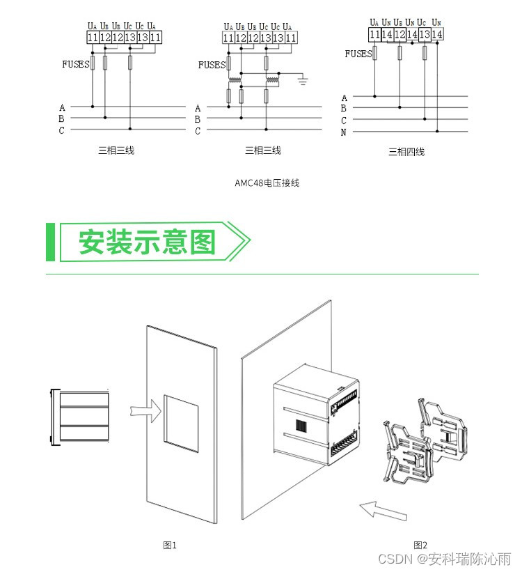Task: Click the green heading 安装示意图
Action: (147, 242)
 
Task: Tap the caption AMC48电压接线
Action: (267, 183)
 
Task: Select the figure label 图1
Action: (170, 545)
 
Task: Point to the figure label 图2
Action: (420, 545)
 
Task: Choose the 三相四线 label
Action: (406, 151)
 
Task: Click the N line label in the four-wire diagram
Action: (344, 132)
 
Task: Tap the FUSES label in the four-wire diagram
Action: (358, 54)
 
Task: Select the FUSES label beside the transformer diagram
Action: (212, 65)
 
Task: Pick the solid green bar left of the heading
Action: (50, 242)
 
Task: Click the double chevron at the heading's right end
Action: (238, 242)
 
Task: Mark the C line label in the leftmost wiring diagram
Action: (61, 130)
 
